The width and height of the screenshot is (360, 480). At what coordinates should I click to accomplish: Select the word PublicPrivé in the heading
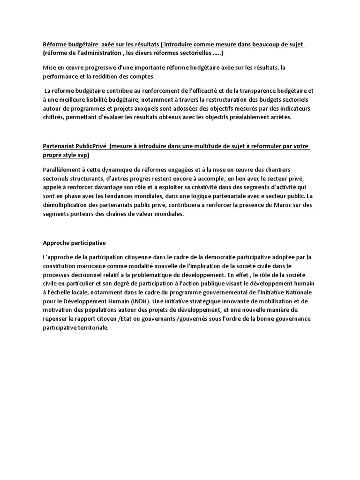91,147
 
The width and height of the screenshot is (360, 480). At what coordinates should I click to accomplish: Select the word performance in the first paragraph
61,76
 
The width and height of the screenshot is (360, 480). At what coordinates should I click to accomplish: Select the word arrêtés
279,117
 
